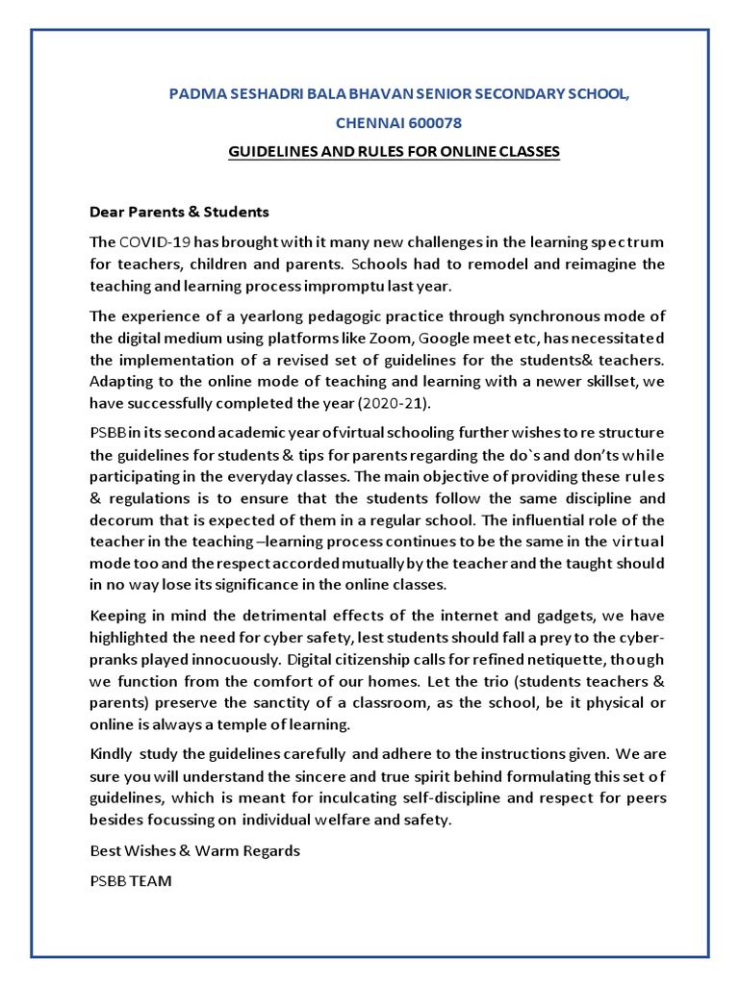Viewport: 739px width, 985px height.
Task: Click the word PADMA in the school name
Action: point(192,94)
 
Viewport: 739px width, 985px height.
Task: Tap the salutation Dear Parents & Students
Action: point(179,211)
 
